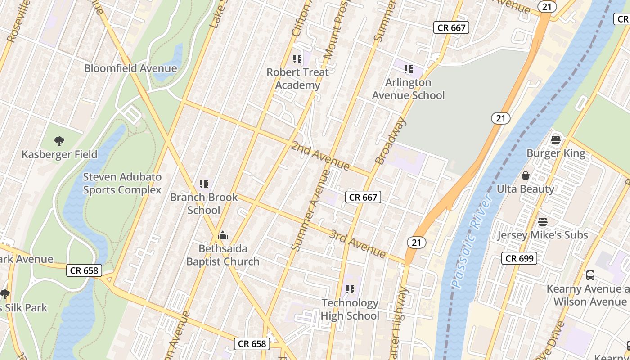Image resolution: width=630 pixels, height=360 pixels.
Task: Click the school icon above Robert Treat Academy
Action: pyautogui.click(x=297, y=58)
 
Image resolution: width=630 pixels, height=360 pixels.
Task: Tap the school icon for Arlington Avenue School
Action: pyautogui.click(x=409, y=69)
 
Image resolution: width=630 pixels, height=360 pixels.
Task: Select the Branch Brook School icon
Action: pyautogui.click(x=204, y=184)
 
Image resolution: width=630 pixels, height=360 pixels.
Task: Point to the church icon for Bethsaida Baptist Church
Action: pyautogui.click(x=223, y=235)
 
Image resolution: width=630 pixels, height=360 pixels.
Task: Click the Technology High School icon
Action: pyautogui.click(x=350, y=289)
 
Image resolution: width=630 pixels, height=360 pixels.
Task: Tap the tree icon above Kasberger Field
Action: pyautogui.click(x=59, y=141)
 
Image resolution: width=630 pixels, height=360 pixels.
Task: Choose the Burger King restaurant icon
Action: pyautogui.click(x=556, y=139)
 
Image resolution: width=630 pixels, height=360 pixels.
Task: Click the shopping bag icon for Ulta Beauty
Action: pyautogui.click(x=525, y=175)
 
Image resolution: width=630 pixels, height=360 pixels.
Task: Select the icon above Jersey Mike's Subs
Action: pyautogui.click(x=543, y=222)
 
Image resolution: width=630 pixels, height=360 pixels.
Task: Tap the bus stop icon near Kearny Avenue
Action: pyautogui.click(x=590, y=275)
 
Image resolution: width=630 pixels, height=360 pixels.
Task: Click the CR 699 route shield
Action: pyautogui.click(x=519, y=258)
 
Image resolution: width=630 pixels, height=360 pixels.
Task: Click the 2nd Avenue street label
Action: pyautogui.click(x=320, y=156)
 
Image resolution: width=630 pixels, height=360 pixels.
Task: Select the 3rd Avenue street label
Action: pyautogui.click(x=358, y=244)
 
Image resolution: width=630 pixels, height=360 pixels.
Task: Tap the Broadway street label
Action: pyautogui.click(x=390, y=141)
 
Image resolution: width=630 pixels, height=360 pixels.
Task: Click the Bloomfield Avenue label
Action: pyautogui.click(x=130, y=68)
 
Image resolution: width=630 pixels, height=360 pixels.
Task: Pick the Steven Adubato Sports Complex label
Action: pyautogui.click(x=122, y=183)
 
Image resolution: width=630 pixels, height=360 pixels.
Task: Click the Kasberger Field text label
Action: pyautogui.click(x=59, y=154)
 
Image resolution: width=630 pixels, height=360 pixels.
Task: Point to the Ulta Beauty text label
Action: pyautogui.click(x=525, y=189)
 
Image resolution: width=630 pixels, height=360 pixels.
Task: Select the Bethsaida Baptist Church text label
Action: pyautogui.click(x=223, y=255)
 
